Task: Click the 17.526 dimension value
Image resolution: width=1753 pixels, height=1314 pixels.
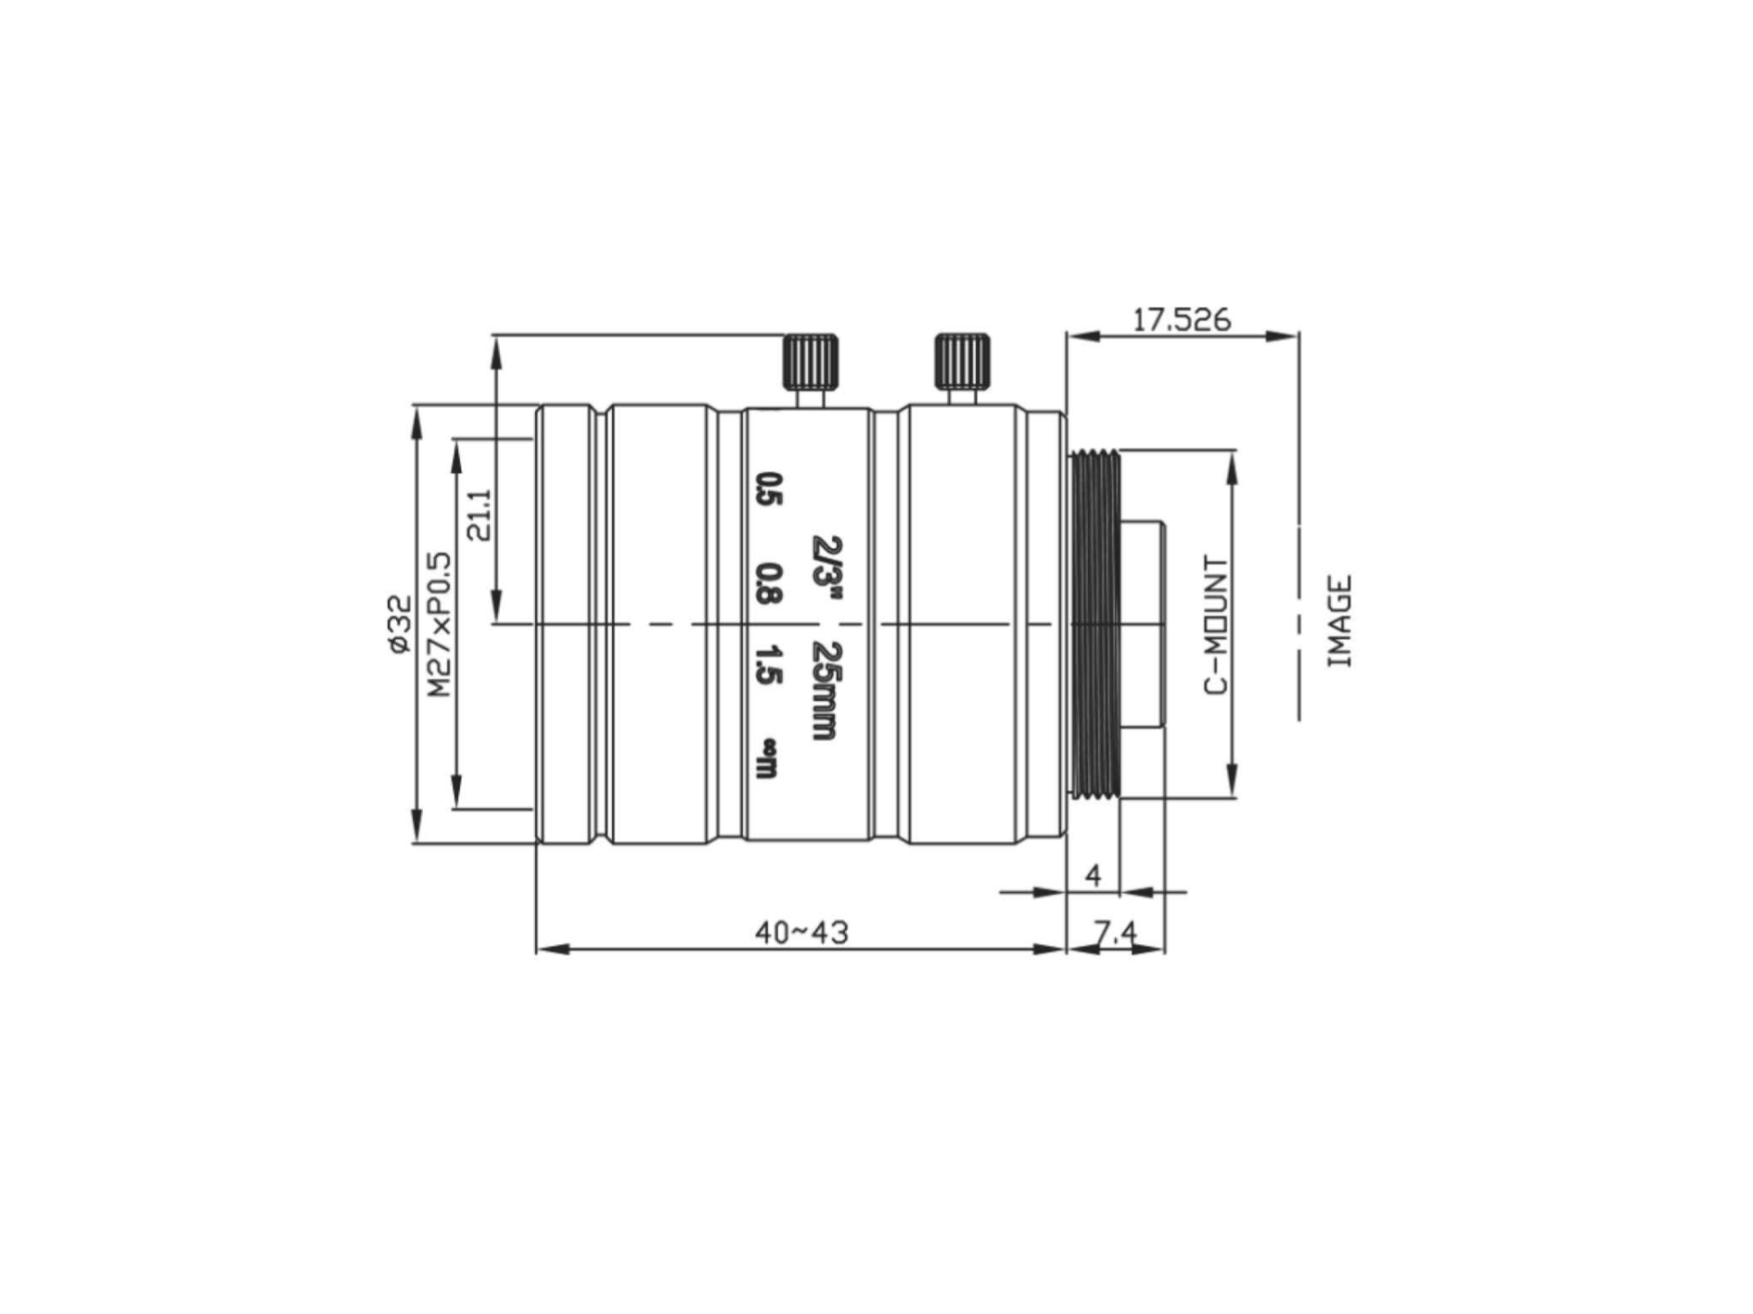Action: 1182,320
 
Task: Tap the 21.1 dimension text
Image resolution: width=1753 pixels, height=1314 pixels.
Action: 480,515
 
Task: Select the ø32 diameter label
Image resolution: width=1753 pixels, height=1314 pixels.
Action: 399,624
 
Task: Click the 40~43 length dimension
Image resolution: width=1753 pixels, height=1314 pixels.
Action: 801,931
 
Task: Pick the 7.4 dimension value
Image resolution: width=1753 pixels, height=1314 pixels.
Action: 1115,932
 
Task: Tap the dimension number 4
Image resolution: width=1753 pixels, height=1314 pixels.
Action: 1094,874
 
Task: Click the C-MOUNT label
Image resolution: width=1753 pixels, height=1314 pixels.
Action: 1215,624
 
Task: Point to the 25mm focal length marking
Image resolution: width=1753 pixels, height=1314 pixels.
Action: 824,690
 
